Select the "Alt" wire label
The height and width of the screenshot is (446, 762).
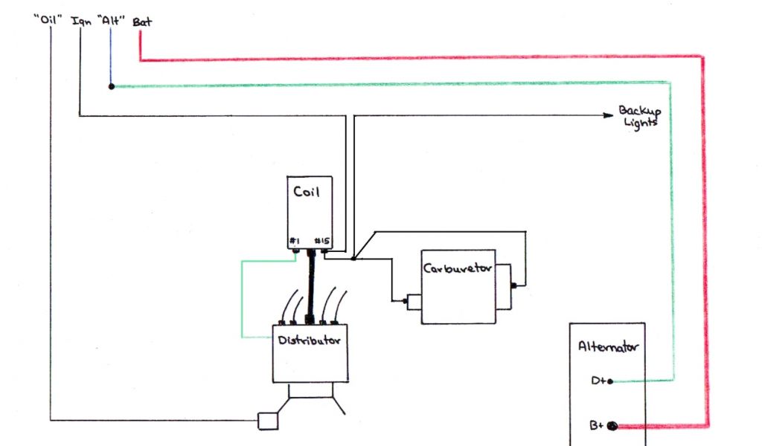pos(111,21)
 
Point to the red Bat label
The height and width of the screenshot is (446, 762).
pos(142,22)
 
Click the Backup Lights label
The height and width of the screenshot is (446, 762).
pos(639,117)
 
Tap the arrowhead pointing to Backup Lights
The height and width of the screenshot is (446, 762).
pos(606,115)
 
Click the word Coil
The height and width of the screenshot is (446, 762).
pos(307,192)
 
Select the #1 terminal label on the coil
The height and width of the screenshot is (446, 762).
pos(295,241)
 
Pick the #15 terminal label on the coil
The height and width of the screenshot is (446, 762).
pos(321,241)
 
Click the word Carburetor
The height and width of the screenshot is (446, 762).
pos(458,269)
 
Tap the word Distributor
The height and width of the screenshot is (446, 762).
pos(310,341)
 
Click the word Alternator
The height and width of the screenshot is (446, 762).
pos(607,346)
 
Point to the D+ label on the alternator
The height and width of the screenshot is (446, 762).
pos(598,381)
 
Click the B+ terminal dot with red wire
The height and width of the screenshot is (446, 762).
pos(613,427)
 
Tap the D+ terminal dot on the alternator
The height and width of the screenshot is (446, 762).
pos(610,381)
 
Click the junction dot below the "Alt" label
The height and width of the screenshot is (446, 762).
pos(112,86)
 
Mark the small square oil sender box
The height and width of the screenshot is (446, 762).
pos(266,421)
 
